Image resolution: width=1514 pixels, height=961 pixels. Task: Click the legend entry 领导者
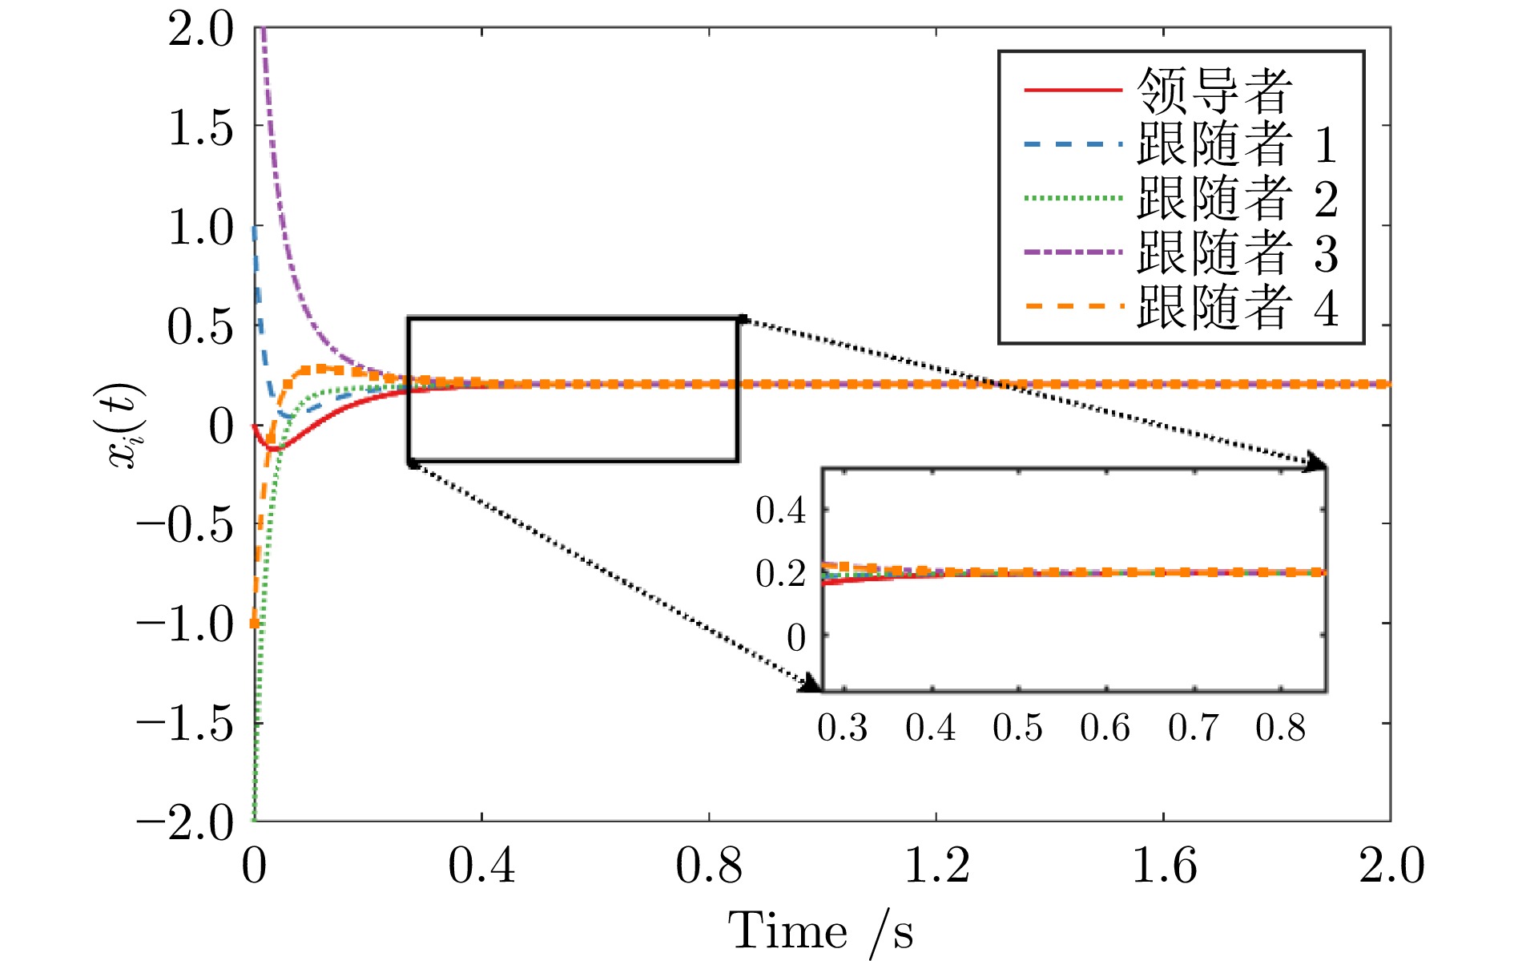(1214, 90)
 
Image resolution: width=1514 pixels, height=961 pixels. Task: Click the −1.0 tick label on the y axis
(184, 624)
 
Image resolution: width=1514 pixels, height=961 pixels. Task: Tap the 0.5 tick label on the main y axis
(200, 326)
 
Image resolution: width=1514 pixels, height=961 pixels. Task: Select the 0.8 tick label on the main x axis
(709, 866)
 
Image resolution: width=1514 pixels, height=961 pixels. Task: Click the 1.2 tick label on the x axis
(936, 866)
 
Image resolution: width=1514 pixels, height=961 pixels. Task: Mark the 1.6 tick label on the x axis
(1164, 866)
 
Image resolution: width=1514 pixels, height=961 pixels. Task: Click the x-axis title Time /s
(820, 931)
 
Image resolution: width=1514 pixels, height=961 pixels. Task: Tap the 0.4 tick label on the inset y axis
(780, 511)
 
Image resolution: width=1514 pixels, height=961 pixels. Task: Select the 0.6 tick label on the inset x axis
(1105, 728)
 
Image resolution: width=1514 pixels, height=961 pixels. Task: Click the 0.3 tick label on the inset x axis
(842, 728)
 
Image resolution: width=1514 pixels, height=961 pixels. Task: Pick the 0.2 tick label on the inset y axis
(780, 574)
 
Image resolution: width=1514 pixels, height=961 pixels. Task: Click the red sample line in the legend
(1073, 90)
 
